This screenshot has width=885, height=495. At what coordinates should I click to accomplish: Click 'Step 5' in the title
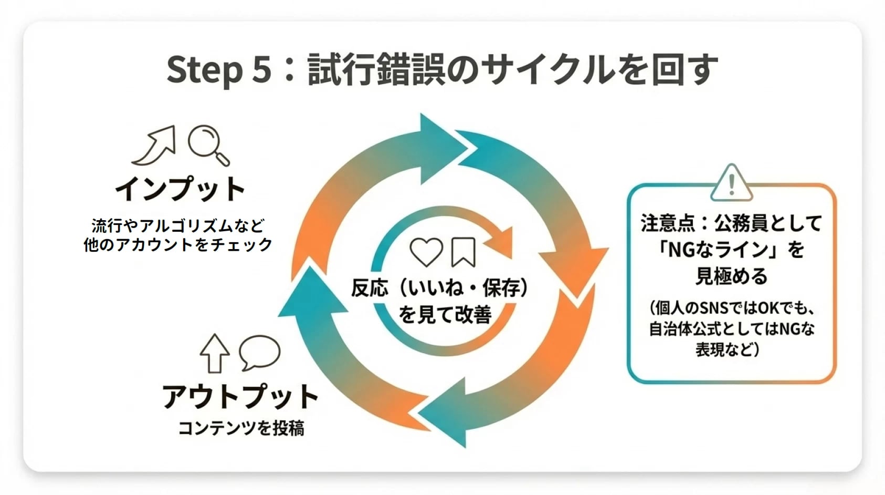[219, 70]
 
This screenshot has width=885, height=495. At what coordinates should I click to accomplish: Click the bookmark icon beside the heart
[463, 252]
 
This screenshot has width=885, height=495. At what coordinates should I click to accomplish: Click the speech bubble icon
[259, 352]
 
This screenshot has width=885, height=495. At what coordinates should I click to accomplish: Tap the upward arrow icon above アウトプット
[215, 353]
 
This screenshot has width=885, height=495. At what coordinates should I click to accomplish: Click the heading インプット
[180, 189]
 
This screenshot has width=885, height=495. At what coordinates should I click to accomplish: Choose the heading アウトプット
[240, 397]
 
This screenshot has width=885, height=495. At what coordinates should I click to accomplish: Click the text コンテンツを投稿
[241, 428]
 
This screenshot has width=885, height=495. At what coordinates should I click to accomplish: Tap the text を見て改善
[445, 314]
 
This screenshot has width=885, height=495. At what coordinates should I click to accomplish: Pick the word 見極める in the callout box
[731, 276]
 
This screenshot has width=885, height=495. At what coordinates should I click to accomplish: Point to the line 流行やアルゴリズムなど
[178, 226]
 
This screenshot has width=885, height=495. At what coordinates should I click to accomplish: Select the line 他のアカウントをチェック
[178, 244]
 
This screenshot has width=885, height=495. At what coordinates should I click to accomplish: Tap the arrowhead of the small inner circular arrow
[501, 242]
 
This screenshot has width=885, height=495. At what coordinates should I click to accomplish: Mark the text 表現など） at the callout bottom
[728, 349]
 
